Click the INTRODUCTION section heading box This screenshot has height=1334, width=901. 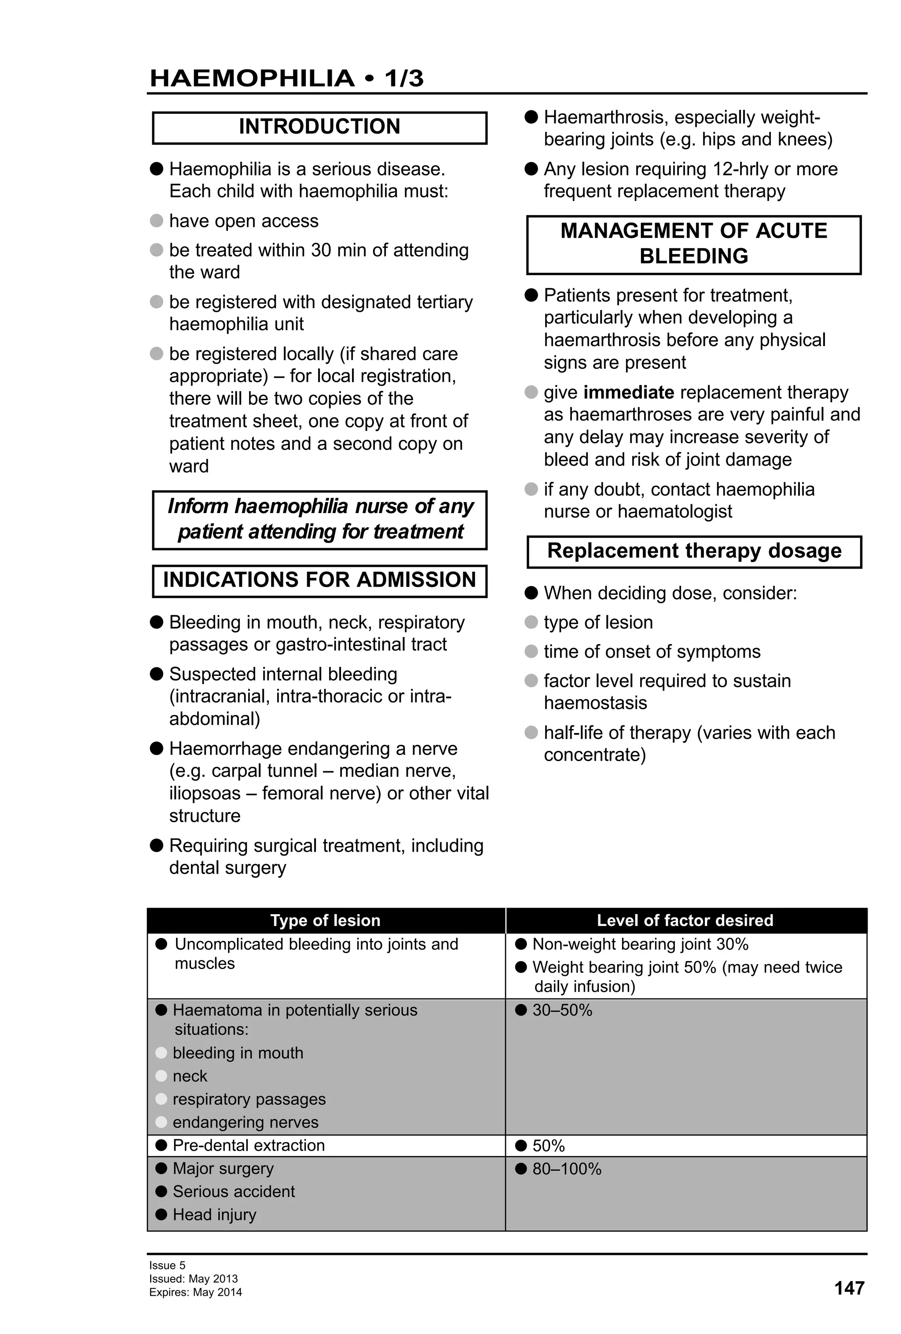coord(319,127)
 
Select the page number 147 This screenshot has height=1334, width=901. coord(849,1288)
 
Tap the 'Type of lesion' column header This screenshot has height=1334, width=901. coord(325,920)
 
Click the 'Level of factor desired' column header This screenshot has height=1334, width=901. coord(685,920)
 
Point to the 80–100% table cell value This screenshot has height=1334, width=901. coord(566,1169)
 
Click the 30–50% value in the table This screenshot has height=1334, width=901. coord(562,1010)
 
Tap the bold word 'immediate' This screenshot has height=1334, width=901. coord(628,392)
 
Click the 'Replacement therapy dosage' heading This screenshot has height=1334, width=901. coord(694,551)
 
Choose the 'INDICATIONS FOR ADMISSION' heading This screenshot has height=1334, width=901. coord(319,580)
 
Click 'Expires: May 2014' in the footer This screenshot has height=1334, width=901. coord(195,1292)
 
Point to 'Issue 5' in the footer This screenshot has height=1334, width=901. coord(167,1265)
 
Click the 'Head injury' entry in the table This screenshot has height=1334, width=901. coord(214,1214)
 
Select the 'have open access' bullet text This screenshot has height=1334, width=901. coord(243,221)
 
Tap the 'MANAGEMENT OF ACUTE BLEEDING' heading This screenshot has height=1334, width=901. coord(694,244)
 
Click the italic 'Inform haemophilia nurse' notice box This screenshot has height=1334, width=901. coord(320,519)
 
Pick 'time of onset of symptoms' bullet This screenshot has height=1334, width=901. coord(652,652)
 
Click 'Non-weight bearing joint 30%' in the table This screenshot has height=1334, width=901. coord(640,944)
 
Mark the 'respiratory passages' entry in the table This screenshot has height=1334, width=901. coord(249,1099)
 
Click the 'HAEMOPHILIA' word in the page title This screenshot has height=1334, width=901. coord(252,79)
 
